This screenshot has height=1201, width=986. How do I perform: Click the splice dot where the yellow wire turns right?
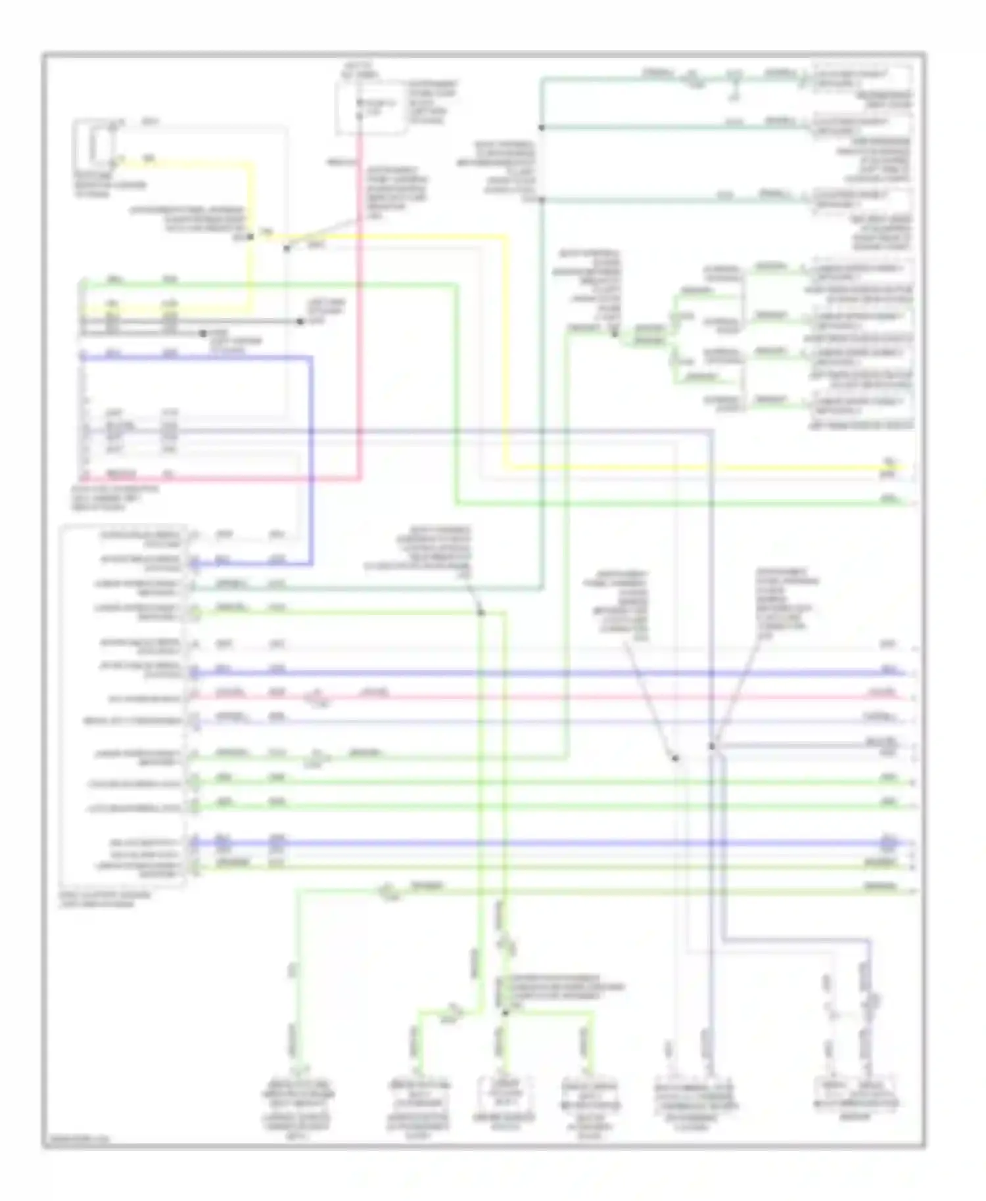coord(250,237)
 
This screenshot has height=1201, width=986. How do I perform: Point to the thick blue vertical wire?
coord(310,460)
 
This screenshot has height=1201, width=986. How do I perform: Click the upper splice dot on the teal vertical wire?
coord(542,127)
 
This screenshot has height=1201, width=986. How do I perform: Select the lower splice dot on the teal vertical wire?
coord(542,199)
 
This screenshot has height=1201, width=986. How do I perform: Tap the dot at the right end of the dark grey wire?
coord(300,321)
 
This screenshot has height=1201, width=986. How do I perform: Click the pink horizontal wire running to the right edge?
coord(592,697)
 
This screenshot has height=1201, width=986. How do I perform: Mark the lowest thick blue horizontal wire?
coord(526,843)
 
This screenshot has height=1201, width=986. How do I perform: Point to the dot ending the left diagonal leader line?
coord(675,758)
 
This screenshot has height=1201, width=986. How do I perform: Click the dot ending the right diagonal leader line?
coord(711,746)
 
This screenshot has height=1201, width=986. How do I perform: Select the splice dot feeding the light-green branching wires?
coord(615,334)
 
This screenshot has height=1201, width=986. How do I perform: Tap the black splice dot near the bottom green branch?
coord(505,1012)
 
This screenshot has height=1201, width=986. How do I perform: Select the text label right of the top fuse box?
coord(433,102)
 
